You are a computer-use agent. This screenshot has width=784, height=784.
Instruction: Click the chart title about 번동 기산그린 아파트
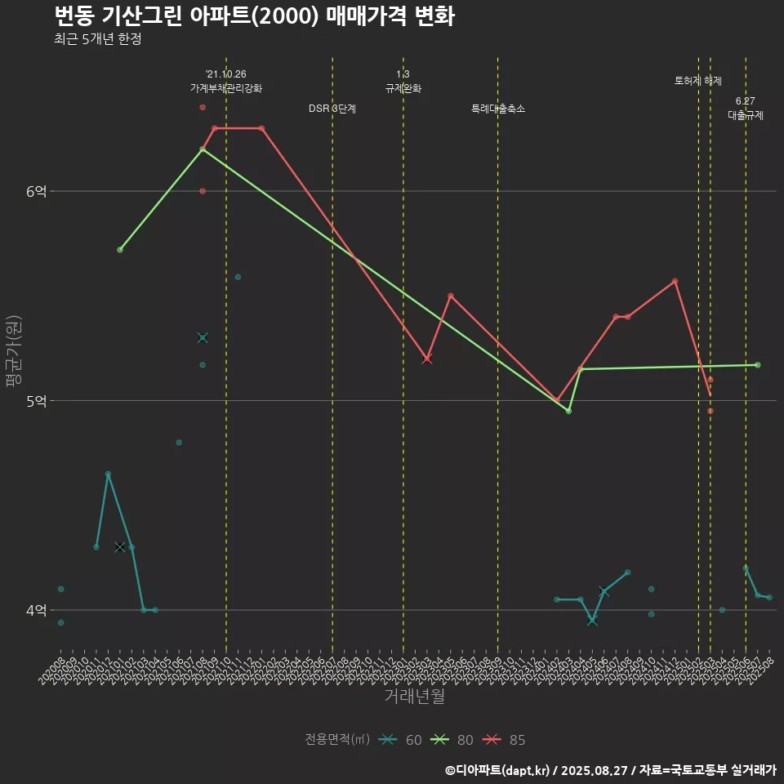click(254, 16)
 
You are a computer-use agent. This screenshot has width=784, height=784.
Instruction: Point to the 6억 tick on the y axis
click(37, 191)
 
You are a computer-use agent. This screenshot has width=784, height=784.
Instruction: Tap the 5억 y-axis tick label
click(37, 401)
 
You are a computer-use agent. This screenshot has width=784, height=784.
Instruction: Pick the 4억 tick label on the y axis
click(37, 610)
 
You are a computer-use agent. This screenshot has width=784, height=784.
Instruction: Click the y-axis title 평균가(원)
click(14, 351)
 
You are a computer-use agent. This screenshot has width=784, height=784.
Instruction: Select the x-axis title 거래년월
click(414, 697)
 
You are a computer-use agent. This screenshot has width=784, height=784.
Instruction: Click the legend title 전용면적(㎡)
click(336, 740)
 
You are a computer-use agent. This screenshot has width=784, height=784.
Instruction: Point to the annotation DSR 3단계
click(332, 109)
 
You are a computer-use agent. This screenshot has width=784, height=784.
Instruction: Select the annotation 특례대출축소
click(498, 109)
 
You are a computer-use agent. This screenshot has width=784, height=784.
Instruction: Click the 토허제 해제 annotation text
click(698, 81)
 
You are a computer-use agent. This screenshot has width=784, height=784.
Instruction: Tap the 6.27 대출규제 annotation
click(746, 109)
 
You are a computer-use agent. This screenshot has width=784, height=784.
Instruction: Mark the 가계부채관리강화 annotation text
click(226, 88)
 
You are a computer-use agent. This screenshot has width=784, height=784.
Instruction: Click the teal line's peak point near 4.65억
click(108, 474)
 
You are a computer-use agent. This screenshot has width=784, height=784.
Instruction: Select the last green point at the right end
click(757, 365)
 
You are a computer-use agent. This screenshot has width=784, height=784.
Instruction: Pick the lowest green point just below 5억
click(568, 411)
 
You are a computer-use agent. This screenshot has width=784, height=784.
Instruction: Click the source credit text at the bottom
click(610, 769)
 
